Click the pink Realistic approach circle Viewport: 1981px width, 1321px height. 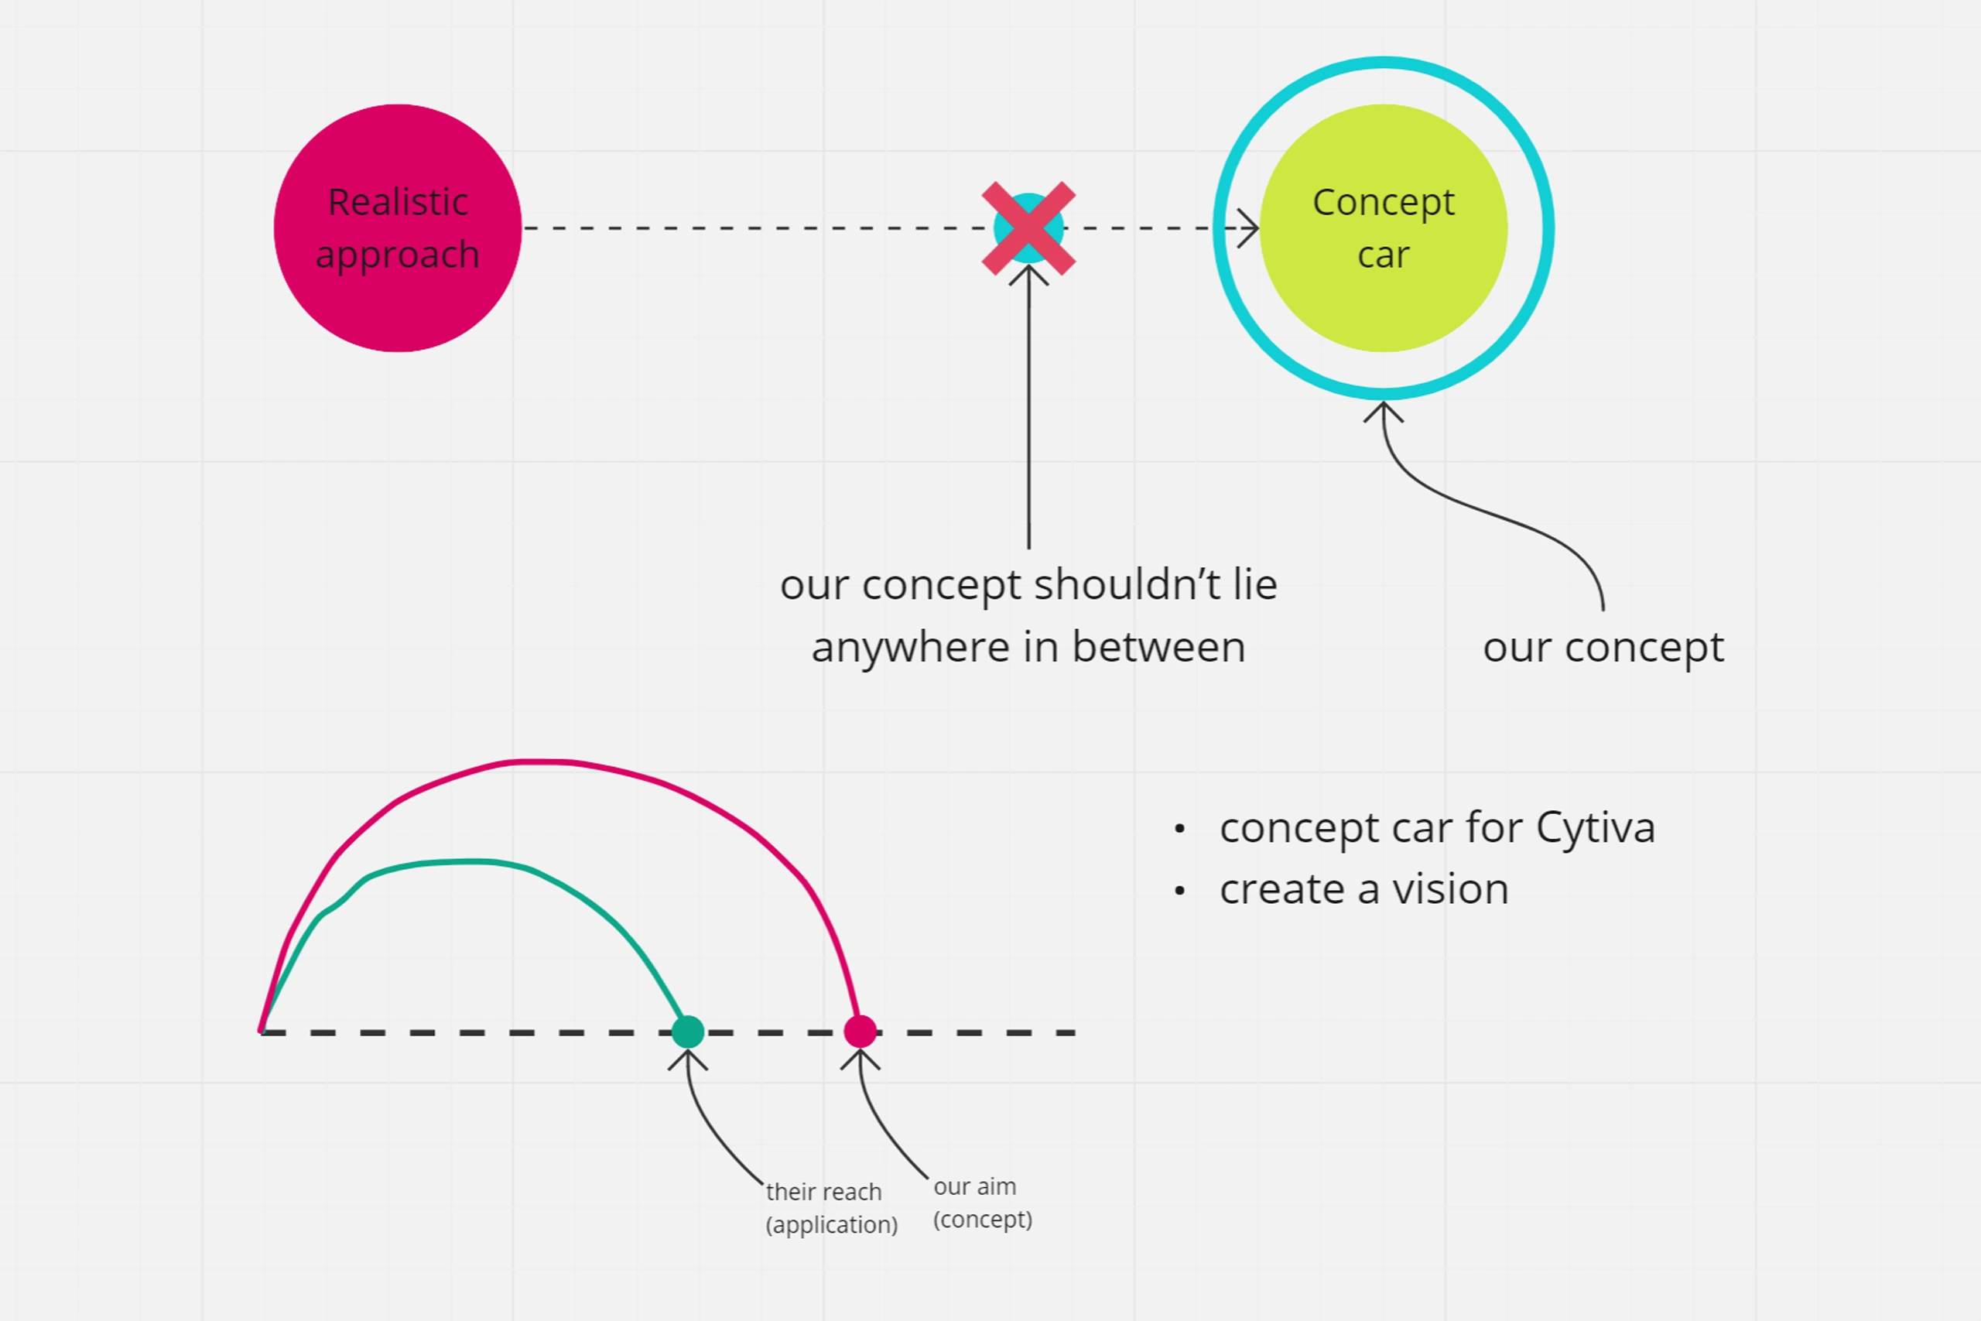398,228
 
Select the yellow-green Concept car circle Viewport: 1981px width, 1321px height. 1383,228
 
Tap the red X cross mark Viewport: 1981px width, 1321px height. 1028,228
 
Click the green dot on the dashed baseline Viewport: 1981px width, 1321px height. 688,1032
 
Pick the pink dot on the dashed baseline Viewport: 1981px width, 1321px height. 860,1032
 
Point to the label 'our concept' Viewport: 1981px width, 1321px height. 1603,649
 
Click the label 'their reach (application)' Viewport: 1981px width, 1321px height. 831,1208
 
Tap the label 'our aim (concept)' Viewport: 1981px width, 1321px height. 982,1203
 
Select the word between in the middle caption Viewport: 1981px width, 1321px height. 1159,647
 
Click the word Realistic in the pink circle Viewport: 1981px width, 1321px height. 398,202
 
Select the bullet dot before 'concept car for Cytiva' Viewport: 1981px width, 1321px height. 1179,829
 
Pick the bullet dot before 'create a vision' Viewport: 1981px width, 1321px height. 1179,891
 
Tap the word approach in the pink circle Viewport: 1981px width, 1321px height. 398,255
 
